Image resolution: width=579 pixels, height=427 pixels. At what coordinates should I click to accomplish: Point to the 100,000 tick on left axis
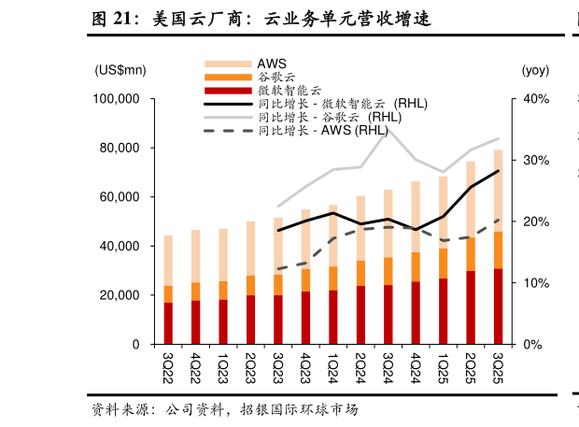(x=118, y=99)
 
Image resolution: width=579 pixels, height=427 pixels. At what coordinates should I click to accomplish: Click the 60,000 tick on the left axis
(x=120, y=197)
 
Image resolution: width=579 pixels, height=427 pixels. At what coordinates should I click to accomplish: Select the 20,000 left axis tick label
(x=120, y=295)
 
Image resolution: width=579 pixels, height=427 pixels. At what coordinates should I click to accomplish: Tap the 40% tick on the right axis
(x=536, y=99)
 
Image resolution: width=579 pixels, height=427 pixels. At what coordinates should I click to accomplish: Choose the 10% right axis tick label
(x=536, y=283)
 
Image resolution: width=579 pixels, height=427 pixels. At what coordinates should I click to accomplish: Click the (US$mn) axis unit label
(x=120, y=70)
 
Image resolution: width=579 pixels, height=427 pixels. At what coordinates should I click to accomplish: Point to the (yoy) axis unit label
(x=535, y=70)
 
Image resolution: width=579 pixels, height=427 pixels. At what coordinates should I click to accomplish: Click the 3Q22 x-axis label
(x=168, y=365)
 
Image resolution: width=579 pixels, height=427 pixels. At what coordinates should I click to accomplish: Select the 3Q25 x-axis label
(x=498, y=365)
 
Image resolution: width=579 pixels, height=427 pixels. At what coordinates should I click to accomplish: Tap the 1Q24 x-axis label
(x=332, y=365)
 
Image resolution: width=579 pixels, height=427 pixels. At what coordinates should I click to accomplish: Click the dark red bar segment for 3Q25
(x=498, y=306)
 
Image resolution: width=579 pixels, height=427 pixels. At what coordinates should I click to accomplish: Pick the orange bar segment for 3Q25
(x=498, y=249)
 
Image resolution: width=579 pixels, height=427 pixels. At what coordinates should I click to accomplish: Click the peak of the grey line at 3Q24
(x=388, y=128)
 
